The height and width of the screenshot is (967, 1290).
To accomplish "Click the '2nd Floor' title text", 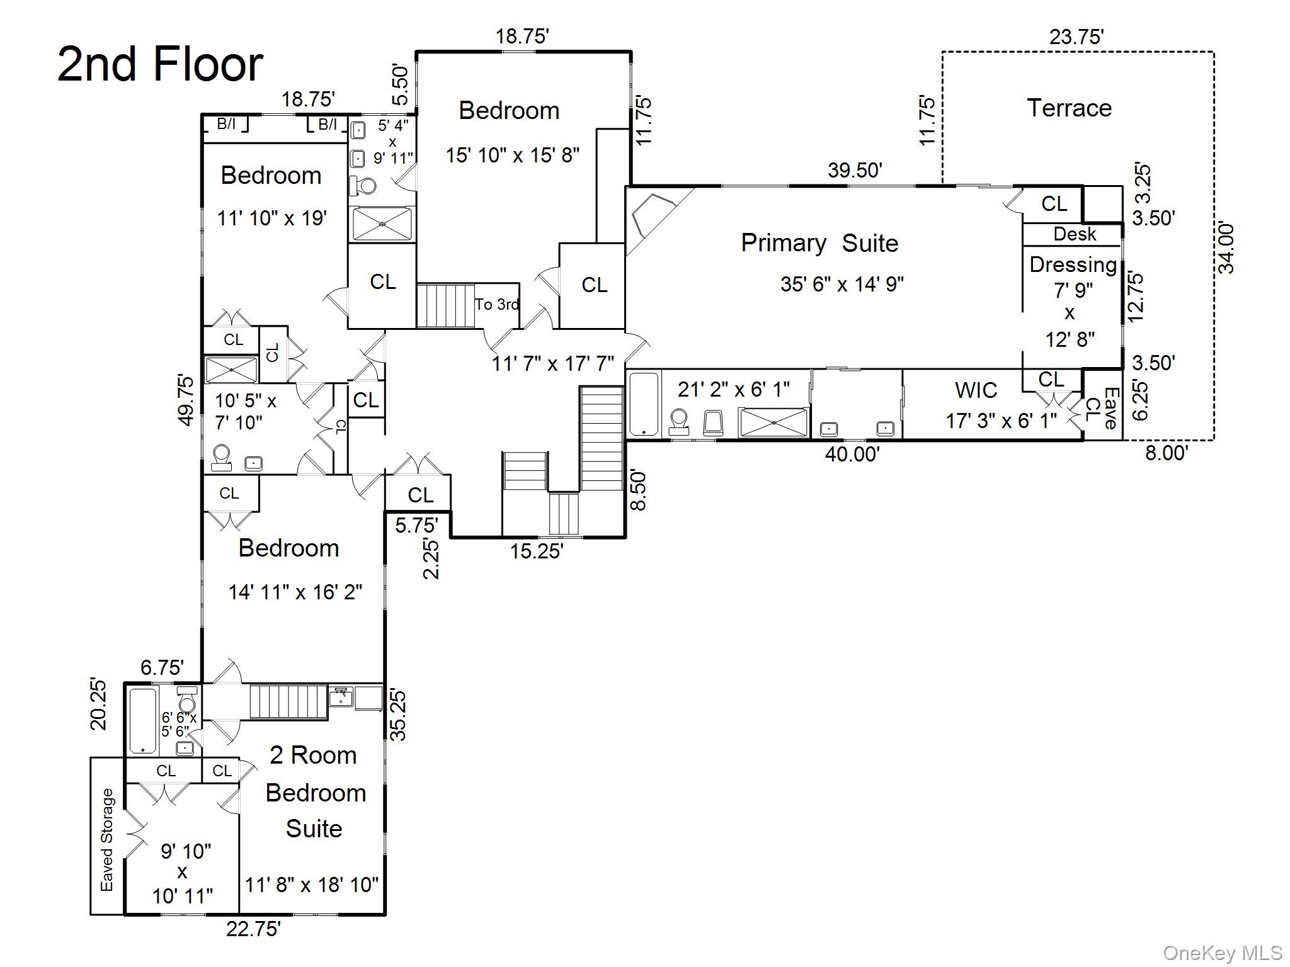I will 160,64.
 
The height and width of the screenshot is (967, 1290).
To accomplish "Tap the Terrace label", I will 1069,108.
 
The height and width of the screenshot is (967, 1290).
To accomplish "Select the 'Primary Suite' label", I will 819,243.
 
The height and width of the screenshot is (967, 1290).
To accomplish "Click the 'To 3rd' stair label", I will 497,305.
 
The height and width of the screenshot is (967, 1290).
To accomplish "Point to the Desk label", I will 1075,234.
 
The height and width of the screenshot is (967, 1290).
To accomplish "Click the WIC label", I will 976,390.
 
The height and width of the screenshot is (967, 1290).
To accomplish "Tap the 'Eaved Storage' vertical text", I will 108,840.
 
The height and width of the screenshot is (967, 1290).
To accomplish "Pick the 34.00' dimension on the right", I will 1226,247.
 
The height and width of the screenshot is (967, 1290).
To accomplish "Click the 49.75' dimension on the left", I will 186,400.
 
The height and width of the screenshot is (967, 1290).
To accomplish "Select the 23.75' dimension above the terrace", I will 1076,37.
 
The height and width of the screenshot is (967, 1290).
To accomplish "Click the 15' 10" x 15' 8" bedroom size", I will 512,155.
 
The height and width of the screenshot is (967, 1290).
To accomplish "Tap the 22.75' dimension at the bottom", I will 253,929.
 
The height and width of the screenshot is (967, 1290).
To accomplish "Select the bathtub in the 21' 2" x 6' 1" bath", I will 644,404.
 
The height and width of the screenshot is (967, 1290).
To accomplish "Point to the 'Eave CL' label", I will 1102,408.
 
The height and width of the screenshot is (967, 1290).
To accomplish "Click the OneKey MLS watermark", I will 1222,953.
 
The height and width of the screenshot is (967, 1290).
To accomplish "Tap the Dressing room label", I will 1073,265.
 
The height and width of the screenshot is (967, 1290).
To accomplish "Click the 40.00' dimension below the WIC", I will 852,454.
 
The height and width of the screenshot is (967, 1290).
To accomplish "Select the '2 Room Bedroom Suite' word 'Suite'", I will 314,828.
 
